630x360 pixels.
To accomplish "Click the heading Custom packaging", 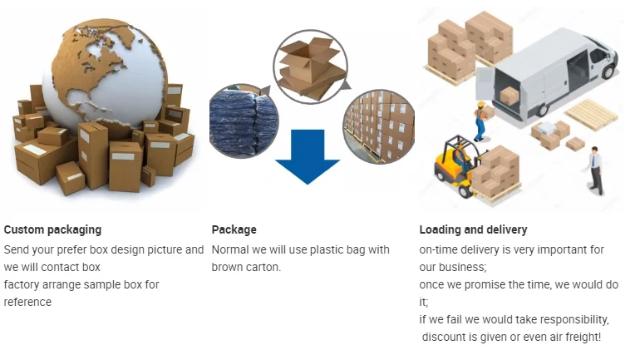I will tap(52, 229).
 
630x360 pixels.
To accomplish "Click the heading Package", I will tap(234, 229).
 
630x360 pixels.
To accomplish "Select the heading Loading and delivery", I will tap(473, 229).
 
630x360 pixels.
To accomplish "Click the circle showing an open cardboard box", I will tap(309, 66).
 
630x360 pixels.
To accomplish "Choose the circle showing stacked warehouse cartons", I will tap(378, 126).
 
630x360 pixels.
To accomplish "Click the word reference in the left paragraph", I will tap(27, 302).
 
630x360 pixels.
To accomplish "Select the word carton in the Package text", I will tap(261, 267).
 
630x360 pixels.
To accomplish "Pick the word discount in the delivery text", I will tap(443, 337).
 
